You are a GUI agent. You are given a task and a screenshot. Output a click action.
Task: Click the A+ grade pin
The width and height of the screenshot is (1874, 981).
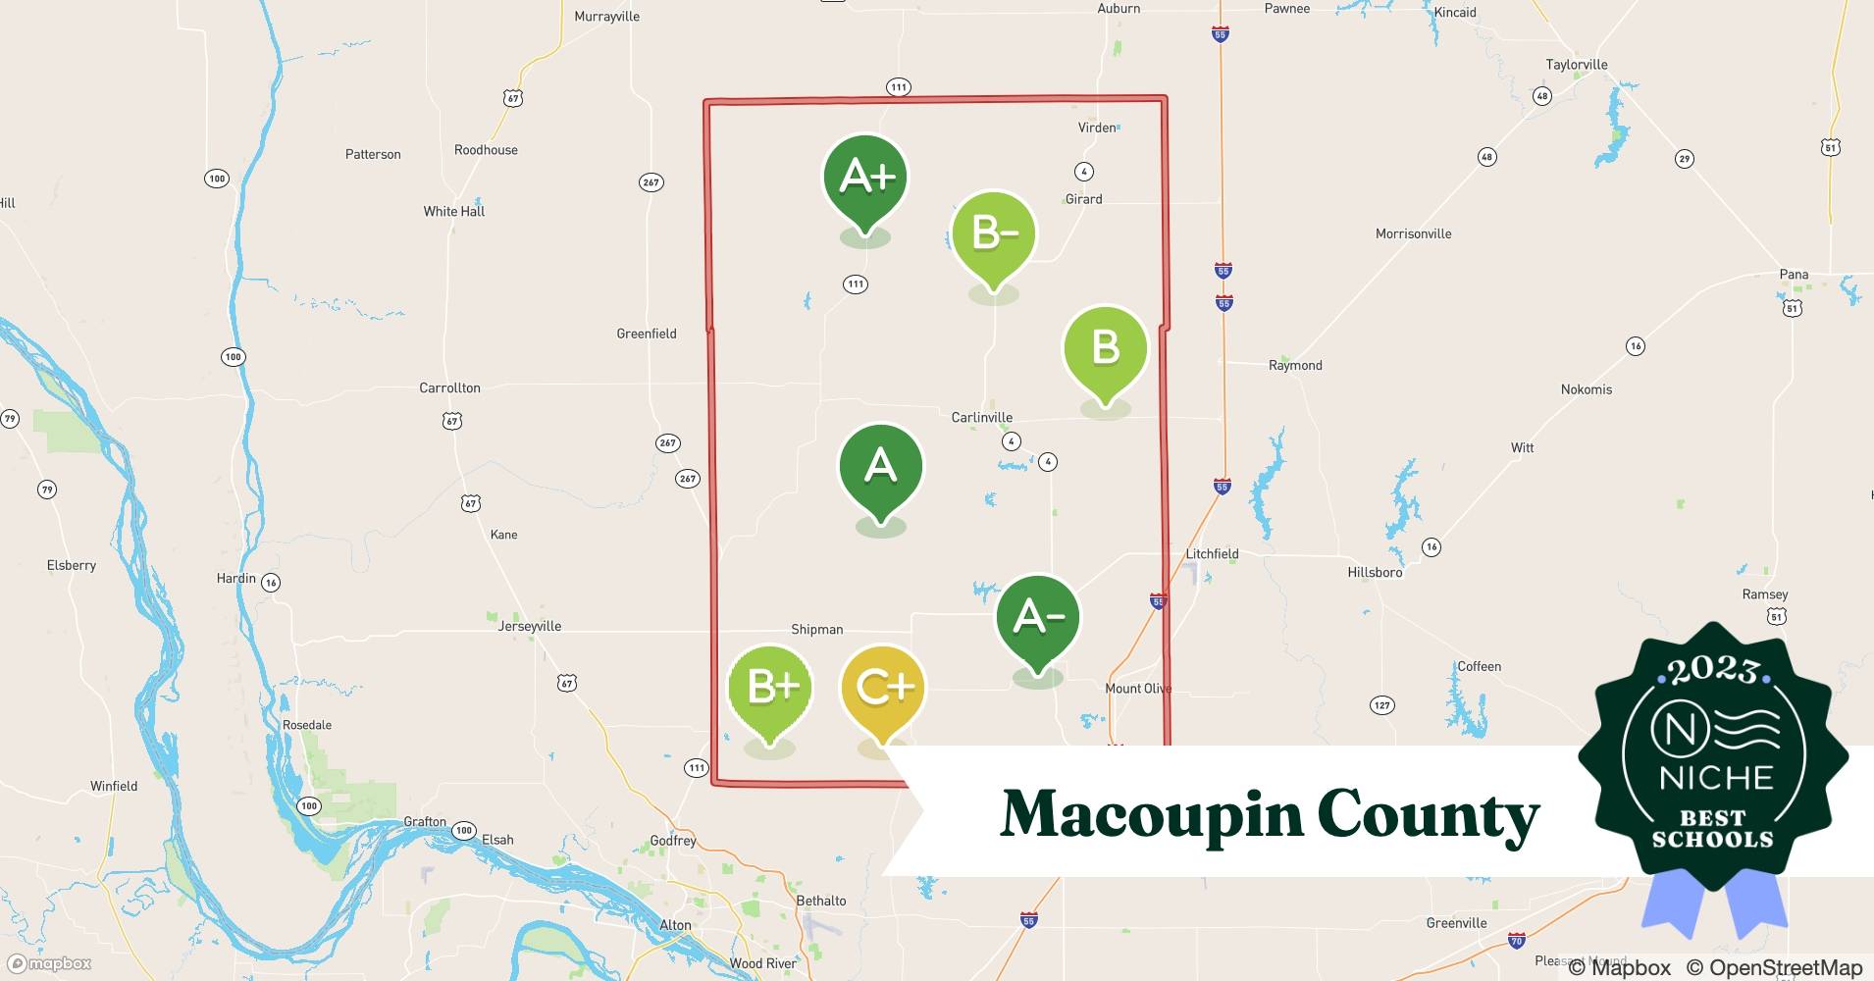(864, 179)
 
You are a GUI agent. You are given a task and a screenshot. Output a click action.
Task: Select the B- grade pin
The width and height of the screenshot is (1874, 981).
(994, 234)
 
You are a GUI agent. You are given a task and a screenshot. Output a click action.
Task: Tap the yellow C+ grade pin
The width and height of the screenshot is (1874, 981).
(883, 688)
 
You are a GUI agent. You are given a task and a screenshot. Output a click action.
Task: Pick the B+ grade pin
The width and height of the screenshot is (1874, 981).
(770, 688)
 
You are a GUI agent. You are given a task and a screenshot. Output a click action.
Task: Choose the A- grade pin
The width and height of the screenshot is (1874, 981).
(1037, 618)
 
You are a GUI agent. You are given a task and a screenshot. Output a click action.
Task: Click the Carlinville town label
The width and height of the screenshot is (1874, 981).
(981, 417)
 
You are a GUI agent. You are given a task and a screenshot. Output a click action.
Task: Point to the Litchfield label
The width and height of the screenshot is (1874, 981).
(1212, 553)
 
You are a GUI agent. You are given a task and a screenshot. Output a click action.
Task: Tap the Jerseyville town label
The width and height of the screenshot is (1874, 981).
(529, 626)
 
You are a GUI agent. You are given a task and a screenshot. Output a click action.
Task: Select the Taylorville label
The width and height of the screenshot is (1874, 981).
(1576, 65)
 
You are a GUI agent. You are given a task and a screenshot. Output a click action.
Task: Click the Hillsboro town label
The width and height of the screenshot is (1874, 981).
(1375, 572)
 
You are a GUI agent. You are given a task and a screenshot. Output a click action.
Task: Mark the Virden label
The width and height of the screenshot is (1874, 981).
(1096, 128)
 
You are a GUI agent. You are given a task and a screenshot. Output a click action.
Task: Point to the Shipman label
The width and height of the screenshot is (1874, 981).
(816, 630)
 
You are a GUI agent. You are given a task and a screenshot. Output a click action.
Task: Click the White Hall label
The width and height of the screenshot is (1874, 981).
(453, 211)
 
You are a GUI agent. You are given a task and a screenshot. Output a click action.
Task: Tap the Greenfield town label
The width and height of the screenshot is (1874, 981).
(646, 334)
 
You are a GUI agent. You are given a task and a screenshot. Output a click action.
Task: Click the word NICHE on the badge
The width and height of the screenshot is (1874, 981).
(1716, 778)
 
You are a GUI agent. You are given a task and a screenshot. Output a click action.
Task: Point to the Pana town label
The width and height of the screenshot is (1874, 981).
(1794, 275)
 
